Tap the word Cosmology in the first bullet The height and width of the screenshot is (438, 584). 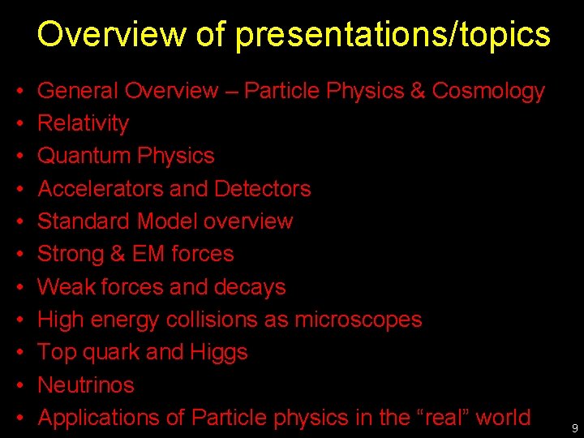(x=488, y=91)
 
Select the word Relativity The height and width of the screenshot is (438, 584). (x=84, y=123)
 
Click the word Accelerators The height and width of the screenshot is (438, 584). (x=101, y=189)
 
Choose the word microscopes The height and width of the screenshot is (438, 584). (x=358, y=320)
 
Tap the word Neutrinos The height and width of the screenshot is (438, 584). (x=86, y=384)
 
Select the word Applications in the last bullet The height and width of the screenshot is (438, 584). (x=100, y=418)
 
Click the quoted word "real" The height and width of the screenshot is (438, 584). (x=444, y=418)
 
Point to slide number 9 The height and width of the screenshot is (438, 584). (x=574, y=427)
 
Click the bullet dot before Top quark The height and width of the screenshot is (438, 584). (x=19, y=353)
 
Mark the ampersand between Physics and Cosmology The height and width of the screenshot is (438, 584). (x=418, y=91)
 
